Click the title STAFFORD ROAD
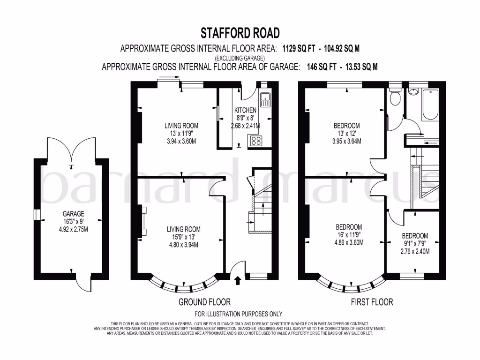point(240,33)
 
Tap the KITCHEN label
point(245,110)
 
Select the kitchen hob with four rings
point(256,141)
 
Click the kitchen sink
point(265,99)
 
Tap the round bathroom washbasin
point(413,91)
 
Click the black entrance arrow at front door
point(237,280)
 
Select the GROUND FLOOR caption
point(204,302)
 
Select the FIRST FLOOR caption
point(372,302)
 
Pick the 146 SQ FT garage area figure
point(321,67)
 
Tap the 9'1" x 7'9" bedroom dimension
point(414,243)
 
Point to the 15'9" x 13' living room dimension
point(184,237)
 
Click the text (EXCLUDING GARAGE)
point(240,57)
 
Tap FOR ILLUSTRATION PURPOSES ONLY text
point(239,314)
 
